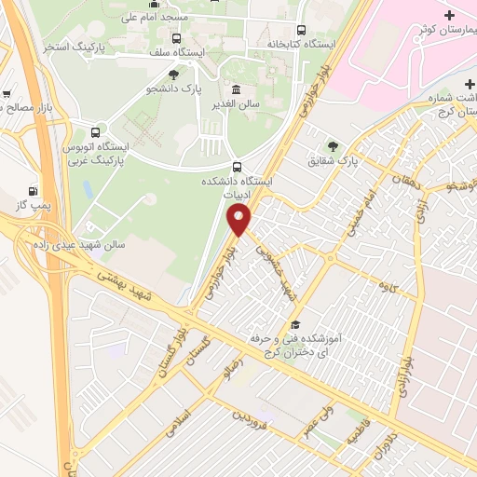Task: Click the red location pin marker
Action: pos(239,220)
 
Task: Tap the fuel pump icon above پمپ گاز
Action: pos(34,187)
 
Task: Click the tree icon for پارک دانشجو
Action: pos(173,75)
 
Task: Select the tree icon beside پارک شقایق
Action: pos(333,146)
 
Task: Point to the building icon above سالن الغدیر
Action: pos(235,89)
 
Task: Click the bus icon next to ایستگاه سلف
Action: pos(177,38)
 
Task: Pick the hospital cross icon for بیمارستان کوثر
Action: pos(449,17)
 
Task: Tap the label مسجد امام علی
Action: pos(162,18)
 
